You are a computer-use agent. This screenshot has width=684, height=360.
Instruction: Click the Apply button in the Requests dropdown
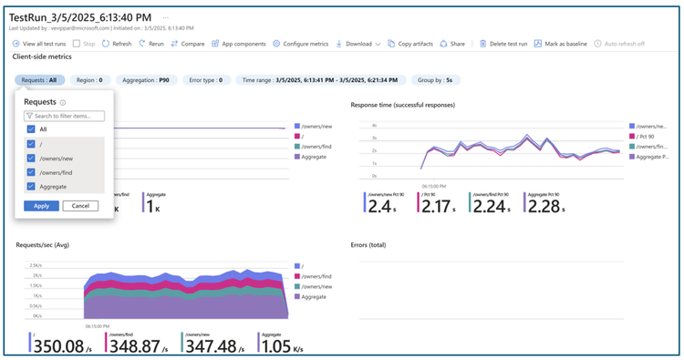(41, 206)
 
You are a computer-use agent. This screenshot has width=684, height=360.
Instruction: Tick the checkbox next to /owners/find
(31, 171)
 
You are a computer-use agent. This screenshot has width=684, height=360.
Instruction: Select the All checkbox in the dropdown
(31, 129)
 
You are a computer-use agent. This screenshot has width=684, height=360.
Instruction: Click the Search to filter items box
(64, 116)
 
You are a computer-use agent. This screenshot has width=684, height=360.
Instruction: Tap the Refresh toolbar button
(118, 43)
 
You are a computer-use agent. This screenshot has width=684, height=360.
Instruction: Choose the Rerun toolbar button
(151, 43)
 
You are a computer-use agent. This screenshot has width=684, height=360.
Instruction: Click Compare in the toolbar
(188, 43)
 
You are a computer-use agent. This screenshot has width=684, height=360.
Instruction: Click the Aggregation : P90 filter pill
(145, 79)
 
